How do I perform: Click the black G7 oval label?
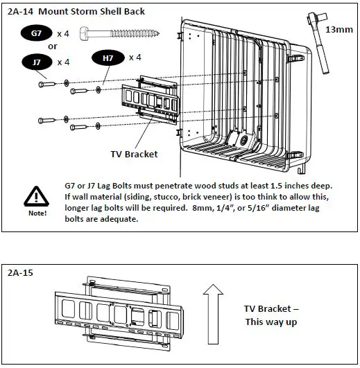(36, 33)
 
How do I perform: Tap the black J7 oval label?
(37, 62)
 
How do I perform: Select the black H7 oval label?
(108, 58)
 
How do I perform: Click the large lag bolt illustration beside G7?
(120, 33)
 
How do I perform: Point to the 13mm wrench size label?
(339, 30)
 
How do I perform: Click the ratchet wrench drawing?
(318, 43)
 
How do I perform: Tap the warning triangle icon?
(36, 196)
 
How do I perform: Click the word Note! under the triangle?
(37, 213)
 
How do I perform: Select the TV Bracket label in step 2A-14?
(134, 154)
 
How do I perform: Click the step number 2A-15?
(20, 273)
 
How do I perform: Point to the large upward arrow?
(213, 314)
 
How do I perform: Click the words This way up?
(271, 322)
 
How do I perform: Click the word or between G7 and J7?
(53, 46)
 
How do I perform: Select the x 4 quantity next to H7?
(135, 58)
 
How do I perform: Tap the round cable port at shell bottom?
(243, 141)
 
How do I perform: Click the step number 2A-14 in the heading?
(20, 12)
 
